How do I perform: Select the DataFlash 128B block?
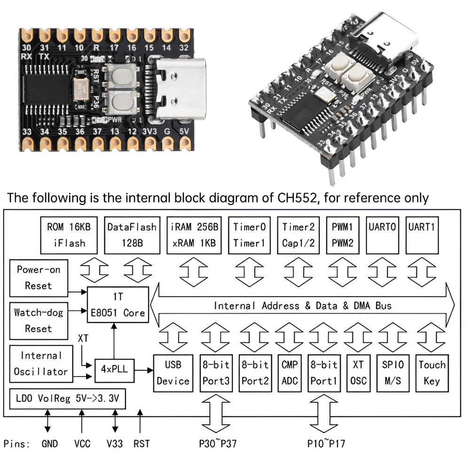click(x=132, y=235)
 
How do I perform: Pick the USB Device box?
click(x=173, y=373)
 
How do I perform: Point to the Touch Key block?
click(x=432, y=373)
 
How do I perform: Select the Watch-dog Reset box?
click(x=39, y=320)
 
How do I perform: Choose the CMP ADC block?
click(x=290, y=373)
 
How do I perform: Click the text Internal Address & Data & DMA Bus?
click(x=303, y=305)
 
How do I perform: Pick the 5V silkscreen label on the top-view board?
click(x=186, y=132)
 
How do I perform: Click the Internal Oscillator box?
click(x=40, y=364)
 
